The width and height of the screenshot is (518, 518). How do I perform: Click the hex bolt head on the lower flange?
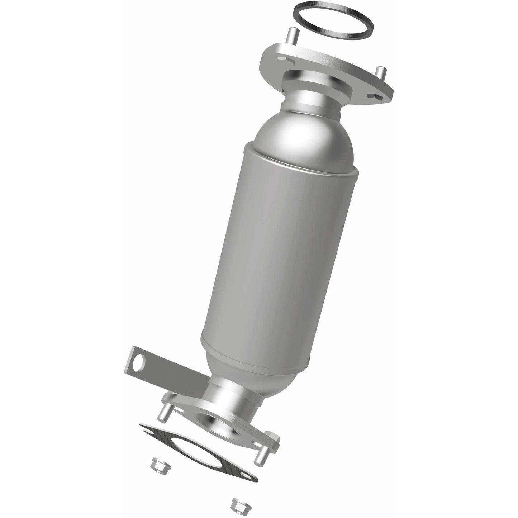[272, 438]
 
